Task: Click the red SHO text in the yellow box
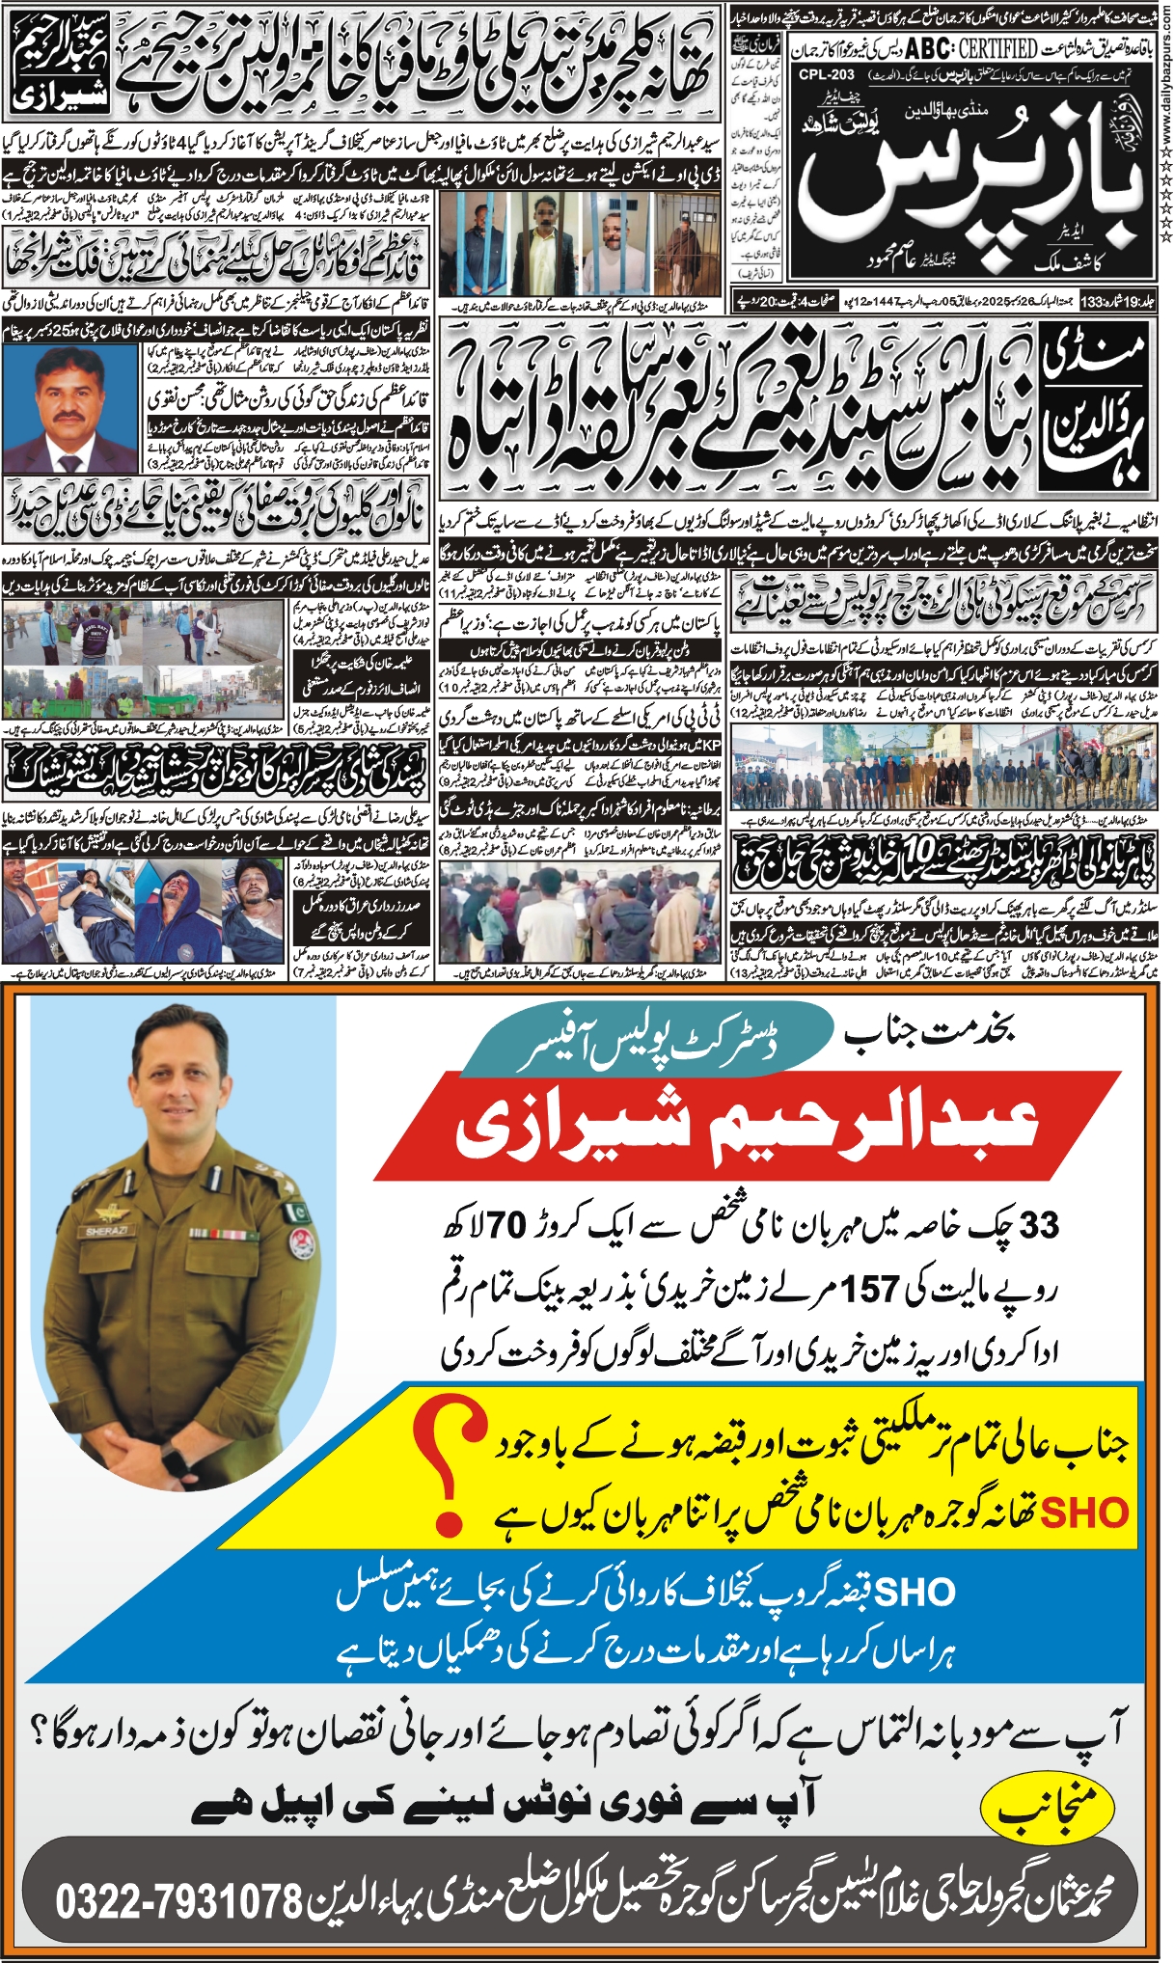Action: point(1085,1513)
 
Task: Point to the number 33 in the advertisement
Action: point(1039,1225)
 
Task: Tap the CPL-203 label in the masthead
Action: point(827,74)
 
